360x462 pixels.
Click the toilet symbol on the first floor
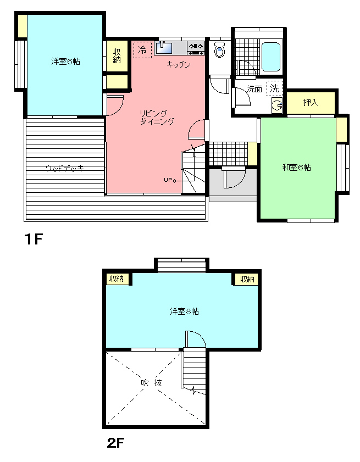click(x=220, y=49)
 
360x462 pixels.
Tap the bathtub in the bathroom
click(x=270, y=57)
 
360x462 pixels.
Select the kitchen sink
click(x=164, y=48)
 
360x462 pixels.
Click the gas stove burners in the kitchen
click(x=196, y=48)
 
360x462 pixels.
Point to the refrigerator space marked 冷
click(x=143, y=49)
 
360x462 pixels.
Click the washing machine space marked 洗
click(x=274, y=88)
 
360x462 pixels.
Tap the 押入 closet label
click(x=311, y=103)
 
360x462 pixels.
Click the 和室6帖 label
click(x=297, y=168)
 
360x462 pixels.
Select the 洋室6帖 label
click(x=65, y=62)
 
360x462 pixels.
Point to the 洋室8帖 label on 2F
click(x=184, y=311)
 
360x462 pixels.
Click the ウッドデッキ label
click(x=65, y=169)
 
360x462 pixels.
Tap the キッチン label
click(x=179, y=64)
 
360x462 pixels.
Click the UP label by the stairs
click(x=168, y=180)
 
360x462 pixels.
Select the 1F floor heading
click(x=34, y=239)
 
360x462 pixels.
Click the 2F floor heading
click(x=115, y=443)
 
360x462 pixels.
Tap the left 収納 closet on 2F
click(x=117, y=279)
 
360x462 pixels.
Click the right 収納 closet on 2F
click(x=246, y=279)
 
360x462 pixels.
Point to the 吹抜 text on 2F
click(x=152, y=383)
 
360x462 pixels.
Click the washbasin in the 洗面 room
click(x=277, y=105)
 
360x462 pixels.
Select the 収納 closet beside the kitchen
click(x=117, y=55)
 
